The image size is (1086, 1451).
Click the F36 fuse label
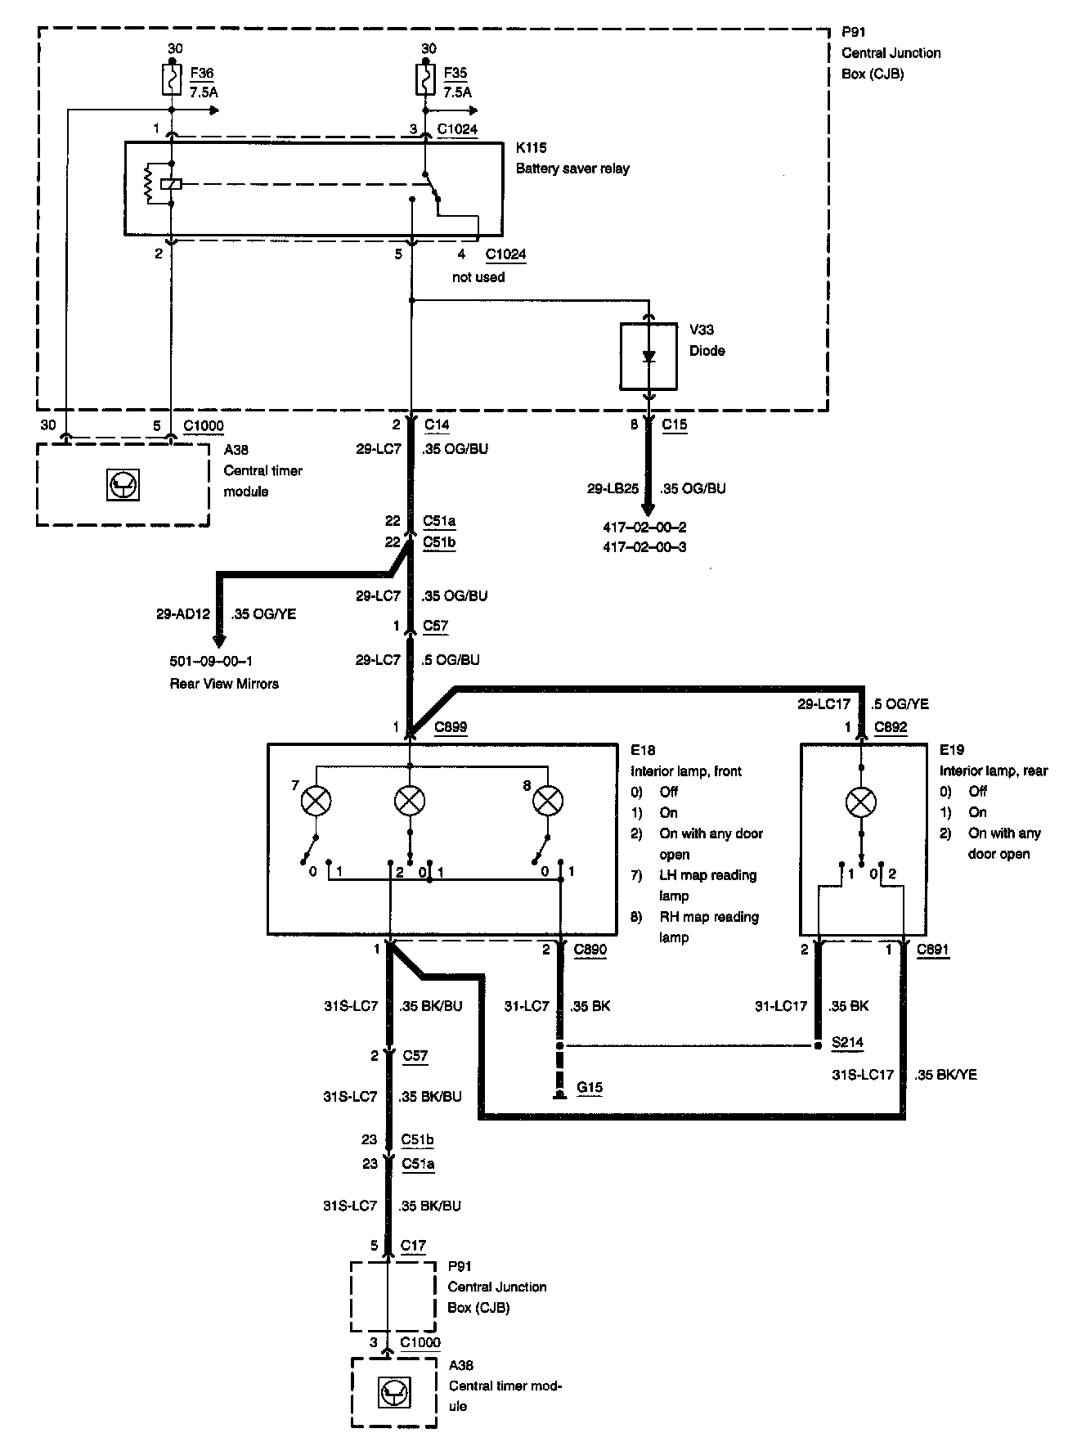tap(202, 73)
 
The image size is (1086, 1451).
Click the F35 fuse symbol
tap(426, 79)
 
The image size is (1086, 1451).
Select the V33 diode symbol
tap(648, 357)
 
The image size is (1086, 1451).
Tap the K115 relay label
tap(531, 148)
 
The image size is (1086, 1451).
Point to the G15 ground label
tap(589, 1087)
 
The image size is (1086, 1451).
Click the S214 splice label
tap(846, 1043)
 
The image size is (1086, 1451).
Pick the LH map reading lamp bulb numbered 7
tap(316, 802)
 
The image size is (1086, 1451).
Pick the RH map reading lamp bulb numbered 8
tap(547, 802)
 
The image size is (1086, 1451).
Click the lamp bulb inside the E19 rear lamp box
tap(859, 802)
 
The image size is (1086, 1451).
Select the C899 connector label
tap(451, 727)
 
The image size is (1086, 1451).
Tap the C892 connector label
tap(891, 727)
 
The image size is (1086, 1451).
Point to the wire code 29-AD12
tap(183, 613)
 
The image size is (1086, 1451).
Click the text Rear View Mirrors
tap(223, 684)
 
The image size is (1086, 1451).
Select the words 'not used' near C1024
tap(478, 277)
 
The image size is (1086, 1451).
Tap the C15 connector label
tap(675, 425)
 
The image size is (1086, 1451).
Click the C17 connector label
tap(413, 1246)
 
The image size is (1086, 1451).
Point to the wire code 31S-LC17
tap(862, 1075)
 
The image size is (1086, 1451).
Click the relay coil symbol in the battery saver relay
tap(171, 184)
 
